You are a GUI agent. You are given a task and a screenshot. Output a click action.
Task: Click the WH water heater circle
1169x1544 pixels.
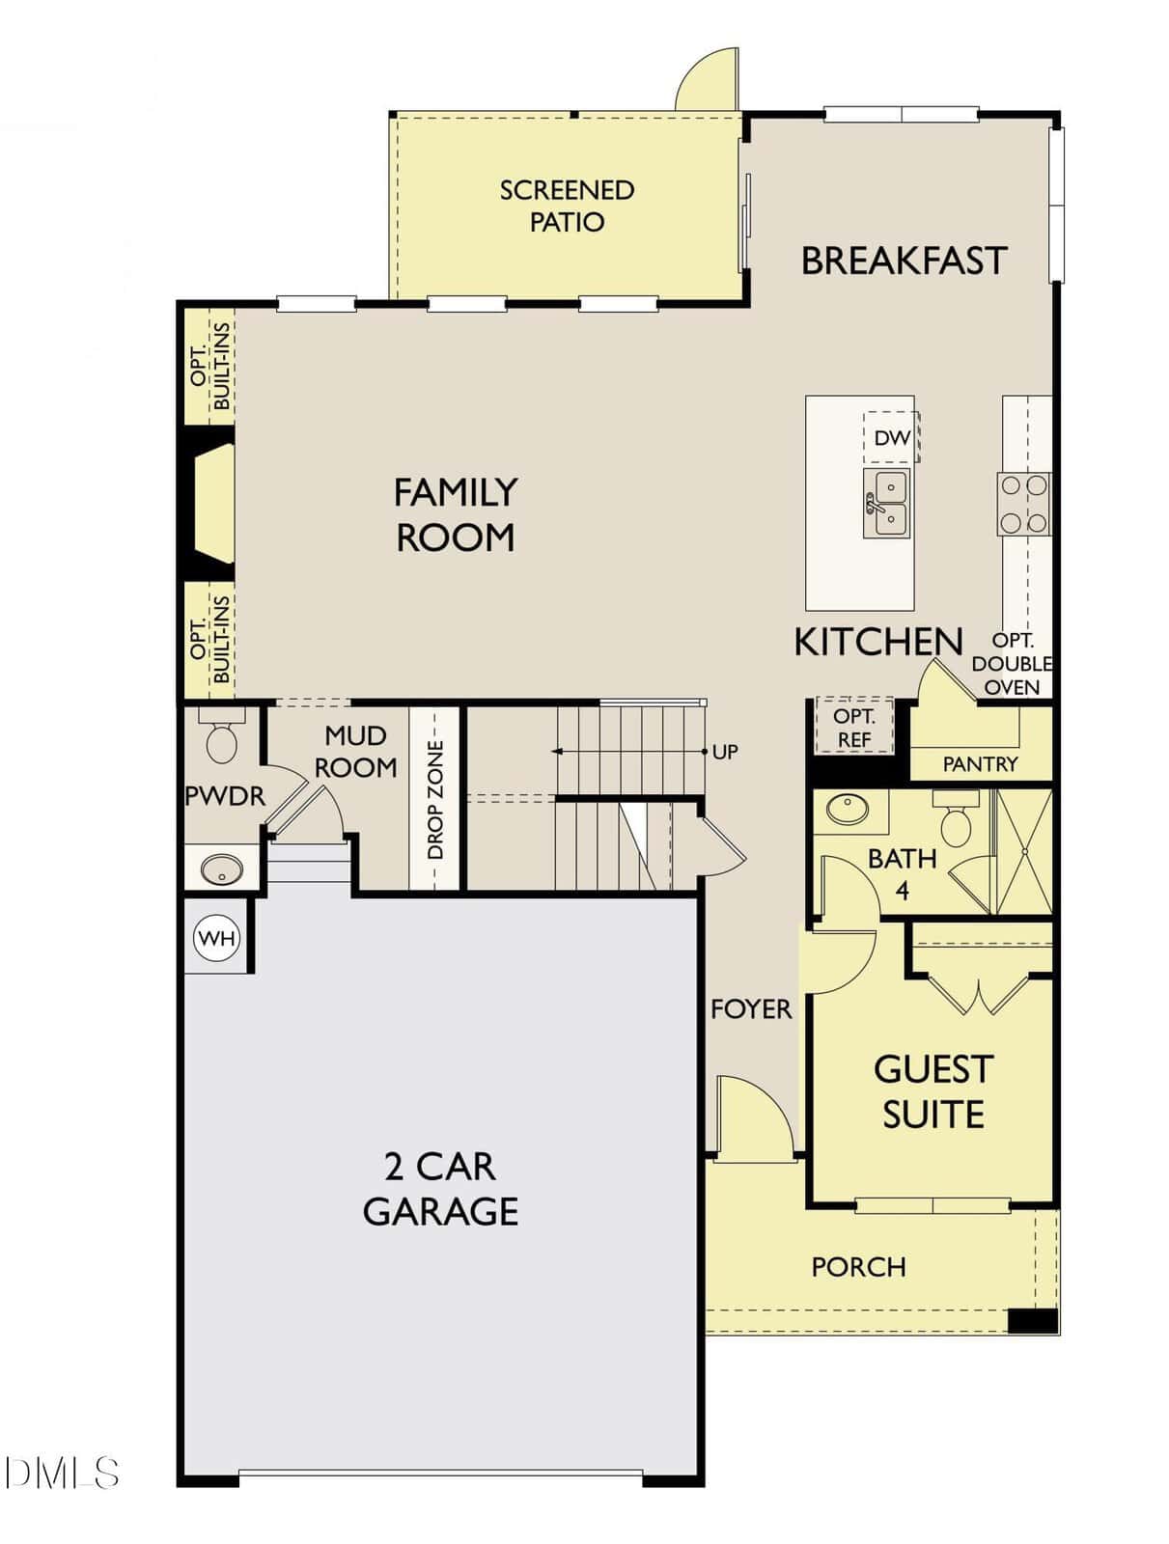point(217,938)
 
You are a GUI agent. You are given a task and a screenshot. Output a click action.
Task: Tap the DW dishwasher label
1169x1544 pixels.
point(892,437)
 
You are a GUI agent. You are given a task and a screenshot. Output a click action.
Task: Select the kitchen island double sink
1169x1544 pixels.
point(887,503)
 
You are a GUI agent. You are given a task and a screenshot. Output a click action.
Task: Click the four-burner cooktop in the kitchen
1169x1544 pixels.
point(1023,504)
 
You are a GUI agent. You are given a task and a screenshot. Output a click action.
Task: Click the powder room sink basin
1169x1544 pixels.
point(222,869)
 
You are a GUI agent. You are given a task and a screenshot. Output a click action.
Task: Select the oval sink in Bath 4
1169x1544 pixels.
point(848,809)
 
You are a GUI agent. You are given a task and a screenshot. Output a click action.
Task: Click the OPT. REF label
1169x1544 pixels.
point(854,728)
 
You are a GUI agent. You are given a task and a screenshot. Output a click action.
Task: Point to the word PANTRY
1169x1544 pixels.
point(980,764)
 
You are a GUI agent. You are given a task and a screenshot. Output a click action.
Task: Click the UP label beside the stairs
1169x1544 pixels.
point(725,752)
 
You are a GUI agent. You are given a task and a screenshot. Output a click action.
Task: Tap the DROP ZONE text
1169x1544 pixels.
point(435,800)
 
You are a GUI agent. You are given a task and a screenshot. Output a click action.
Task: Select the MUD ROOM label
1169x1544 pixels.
point(355,751)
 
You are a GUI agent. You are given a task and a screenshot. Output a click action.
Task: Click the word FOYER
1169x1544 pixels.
point(751,1009)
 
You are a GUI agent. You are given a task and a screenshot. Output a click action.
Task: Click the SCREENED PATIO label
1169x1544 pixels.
point(567,206)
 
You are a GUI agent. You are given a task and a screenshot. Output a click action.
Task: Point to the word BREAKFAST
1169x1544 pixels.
point(904,261)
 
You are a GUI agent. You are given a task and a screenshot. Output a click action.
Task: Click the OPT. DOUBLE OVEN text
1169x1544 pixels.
point(1013,663)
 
